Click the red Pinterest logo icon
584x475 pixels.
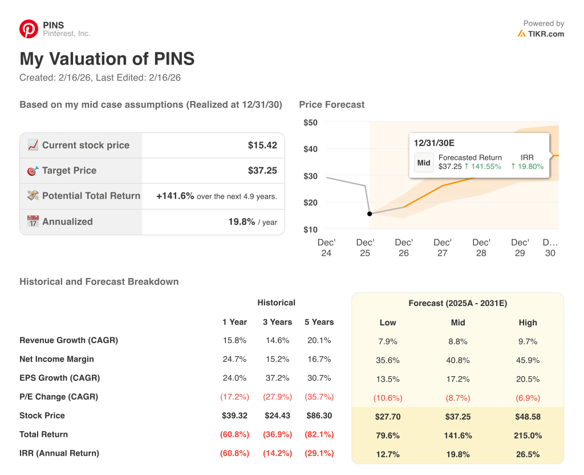pos(29,29)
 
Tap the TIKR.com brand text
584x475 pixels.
pos(545,34)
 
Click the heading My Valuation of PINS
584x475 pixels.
pos(107,59)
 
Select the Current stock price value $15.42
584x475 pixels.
pos(262,146)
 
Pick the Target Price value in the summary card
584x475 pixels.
pos(262,171)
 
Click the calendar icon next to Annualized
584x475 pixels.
pos(33,222)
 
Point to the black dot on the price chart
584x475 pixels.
pos(370,214)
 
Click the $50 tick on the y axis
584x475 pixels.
pos(310,123)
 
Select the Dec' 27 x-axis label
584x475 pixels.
pos(442,248)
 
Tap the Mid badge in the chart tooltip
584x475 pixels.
pos(424,163)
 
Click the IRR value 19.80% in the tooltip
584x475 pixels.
pos(527,167)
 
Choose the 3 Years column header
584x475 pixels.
pos(277,322)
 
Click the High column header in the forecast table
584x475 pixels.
pos(528,323)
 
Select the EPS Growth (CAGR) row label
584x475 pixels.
pos(59,378)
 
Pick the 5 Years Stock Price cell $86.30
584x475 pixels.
pos(319,416)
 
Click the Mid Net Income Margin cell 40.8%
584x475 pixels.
pos(457,361)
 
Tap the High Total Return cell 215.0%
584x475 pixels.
pos(528,436)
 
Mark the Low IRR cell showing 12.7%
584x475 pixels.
pos(388,454)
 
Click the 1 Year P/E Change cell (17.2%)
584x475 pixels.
pos(234,397)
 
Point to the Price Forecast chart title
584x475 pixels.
pos(331,104)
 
